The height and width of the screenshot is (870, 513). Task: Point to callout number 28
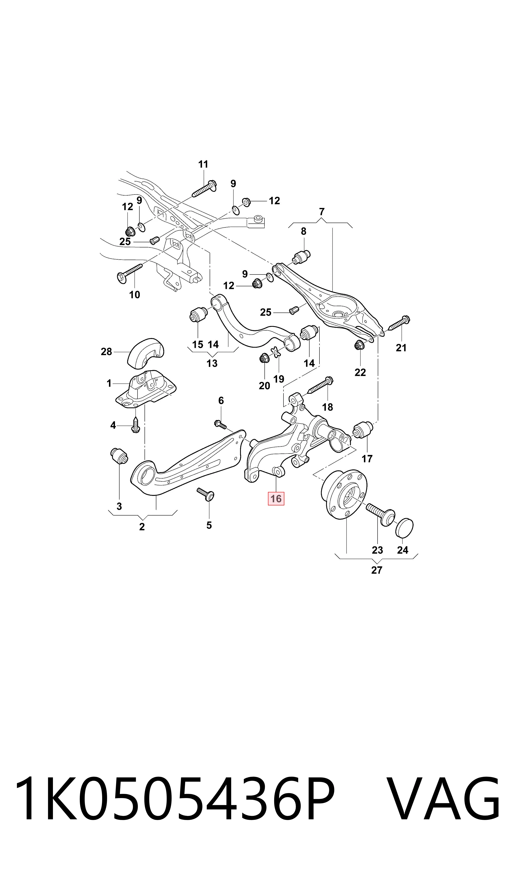point(106,352)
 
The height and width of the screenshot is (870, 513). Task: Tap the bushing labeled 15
point(199,314)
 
